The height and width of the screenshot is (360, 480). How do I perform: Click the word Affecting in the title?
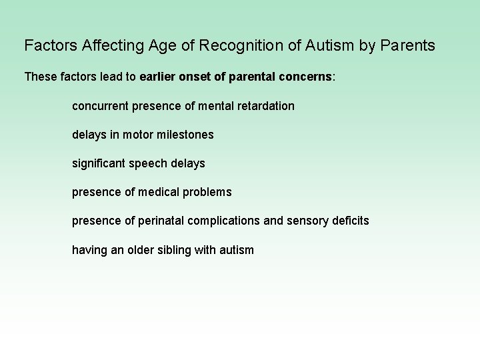click(98, 46)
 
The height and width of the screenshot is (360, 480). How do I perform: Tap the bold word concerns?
click(307, 77)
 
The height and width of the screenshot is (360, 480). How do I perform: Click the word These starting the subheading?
click(41, 77)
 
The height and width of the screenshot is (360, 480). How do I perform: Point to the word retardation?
click(265, 106)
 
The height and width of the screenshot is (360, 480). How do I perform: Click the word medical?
click(159, 192)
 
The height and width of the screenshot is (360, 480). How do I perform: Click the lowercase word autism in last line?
click(235, 250)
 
